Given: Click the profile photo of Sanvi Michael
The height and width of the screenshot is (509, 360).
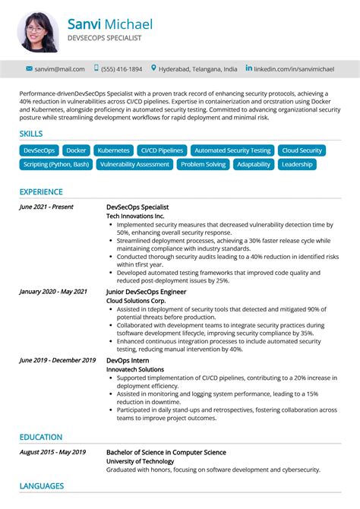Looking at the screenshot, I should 37,31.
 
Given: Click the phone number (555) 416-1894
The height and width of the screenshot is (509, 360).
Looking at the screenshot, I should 122,69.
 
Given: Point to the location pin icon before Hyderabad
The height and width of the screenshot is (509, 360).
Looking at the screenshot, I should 153,68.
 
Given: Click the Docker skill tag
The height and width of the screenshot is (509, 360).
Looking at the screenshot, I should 76,150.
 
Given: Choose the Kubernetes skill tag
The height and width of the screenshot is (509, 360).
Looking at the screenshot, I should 113,150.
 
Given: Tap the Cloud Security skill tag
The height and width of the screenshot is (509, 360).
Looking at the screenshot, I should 301,150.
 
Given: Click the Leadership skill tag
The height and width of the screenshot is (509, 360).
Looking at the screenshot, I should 296,164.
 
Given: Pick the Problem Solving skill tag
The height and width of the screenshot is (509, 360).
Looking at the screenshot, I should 203,164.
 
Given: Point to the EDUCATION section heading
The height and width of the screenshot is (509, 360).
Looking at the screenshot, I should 41,437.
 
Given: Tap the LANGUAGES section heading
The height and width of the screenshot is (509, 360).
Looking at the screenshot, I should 42,486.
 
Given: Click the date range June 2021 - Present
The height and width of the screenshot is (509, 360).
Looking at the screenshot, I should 46,207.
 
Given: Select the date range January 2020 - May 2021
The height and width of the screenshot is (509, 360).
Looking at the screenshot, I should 53,291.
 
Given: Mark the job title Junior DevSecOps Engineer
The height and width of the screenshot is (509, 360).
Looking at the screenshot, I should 146,292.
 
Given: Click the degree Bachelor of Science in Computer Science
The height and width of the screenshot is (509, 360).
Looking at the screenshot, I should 166,453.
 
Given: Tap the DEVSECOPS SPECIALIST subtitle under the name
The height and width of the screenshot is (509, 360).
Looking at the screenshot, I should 104,37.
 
